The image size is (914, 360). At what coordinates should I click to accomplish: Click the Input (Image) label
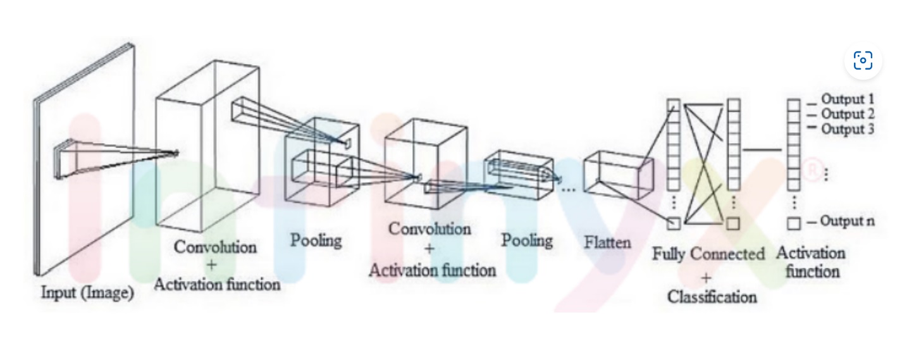pyautogui.click(x=87, y=294)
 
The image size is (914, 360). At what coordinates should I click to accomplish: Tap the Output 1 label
pyautogui.click(x=847, y=99)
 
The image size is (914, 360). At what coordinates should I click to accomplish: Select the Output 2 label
pyautogui.click(x=847, y=115)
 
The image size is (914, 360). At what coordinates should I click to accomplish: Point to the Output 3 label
pyautogui.click(x=847, y=130)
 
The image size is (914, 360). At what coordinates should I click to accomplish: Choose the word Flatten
pyautogui.click(x=608, y=242)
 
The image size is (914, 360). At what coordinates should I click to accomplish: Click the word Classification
pyautogui.click(x=712, y=296)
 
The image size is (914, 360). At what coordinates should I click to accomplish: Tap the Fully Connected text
pyautogui.click(x=708, y=254)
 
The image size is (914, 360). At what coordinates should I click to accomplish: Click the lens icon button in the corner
pyautogui.click(x=863, y=61)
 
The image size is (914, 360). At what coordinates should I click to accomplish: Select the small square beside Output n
pyautogui.click(x=794, y=223)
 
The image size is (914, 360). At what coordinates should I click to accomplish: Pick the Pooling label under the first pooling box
pyautogui.click(x=316, y=240)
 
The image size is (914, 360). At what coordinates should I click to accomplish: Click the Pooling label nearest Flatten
pyautogui.click(x=527, y=240)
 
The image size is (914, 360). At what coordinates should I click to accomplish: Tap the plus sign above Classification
pyautogui.click(x=706, y=276)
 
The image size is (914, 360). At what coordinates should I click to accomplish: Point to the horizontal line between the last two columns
pyautogui.click(x=762, y=150)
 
